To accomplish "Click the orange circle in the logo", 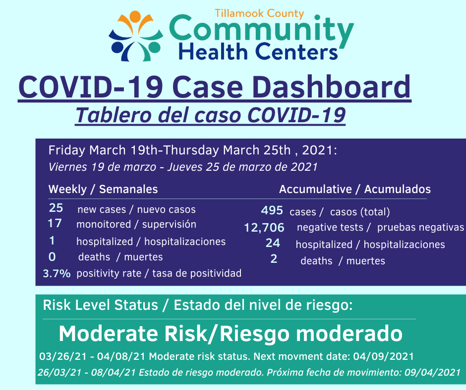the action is tap(135, 16).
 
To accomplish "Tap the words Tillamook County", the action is tap(259, 13).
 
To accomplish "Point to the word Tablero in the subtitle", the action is tap(114, 115).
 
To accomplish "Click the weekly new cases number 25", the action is tap(56, 208).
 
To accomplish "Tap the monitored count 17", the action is tap(55, 223).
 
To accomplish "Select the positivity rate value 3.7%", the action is tap(57, 273).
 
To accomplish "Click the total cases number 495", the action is tap(272, 210).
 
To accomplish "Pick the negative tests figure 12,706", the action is tap(264, 228).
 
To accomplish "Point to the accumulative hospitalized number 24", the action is tap(273, 243).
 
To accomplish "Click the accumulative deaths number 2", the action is tap(274, 259).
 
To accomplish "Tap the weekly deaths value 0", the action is tap(52, 257).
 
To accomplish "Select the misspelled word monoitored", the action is tap(104, 224).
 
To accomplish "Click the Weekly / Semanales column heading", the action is tap(103, 189).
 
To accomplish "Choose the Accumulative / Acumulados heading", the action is tap(355, 189).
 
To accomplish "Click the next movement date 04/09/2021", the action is tap(383, 356).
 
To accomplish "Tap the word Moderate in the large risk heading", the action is tap(108, 334).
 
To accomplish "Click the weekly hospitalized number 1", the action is tap(52, 241).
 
